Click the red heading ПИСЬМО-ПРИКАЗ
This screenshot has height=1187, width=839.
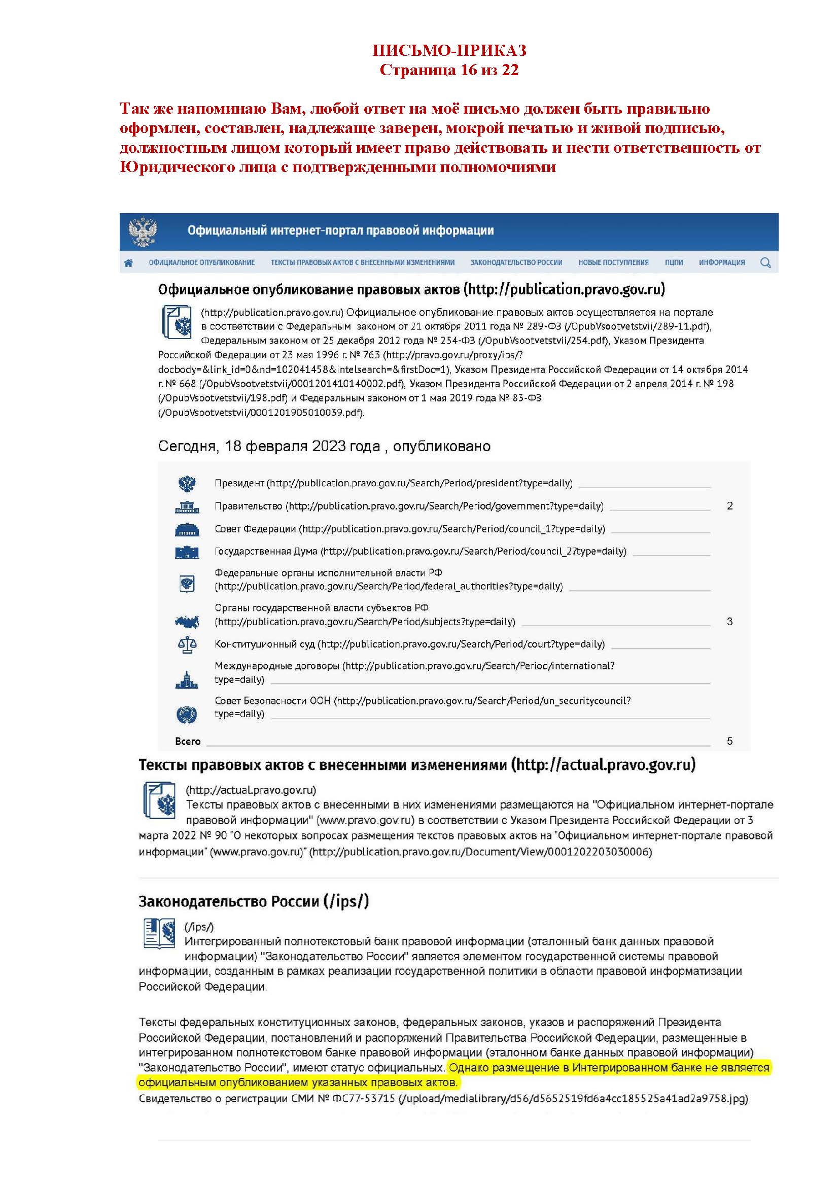click(x=449, y=50)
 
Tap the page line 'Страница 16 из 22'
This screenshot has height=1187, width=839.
click(x=449, y=70)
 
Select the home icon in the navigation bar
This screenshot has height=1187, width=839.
click(x=129, y=263)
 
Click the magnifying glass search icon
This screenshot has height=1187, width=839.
click(x=765, y=263)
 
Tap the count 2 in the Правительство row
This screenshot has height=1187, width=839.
click(x=729, y=506)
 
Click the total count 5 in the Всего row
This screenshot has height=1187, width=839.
click(x=729, y=741)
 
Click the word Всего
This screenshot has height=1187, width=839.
click(x=188, y=741)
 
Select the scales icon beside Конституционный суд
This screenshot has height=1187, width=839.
click(x=187, y=644)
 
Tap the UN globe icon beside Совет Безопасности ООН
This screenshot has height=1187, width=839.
click(x=187, y=715)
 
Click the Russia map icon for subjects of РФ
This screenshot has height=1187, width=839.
click(x=187, y=622)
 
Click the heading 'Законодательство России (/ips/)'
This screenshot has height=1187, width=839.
click(x=254, y=902)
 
